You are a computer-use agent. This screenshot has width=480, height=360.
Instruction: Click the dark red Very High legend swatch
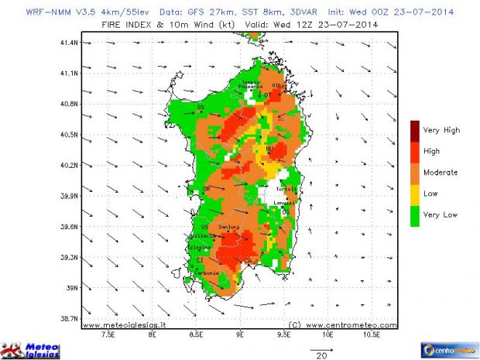[x=416, y=130]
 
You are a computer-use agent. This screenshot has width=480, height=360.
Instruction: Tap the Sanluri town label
[x=229, y=226]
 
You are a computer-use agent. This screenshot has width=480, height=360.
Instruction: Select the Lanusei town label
[x=286, y=203]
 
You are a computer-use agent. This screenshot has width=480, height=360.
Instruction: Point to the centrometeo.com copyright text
[x=342, y=325]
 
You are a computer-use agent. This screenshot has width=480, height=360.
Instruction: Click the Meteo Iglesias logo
[x=33, y=349]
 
